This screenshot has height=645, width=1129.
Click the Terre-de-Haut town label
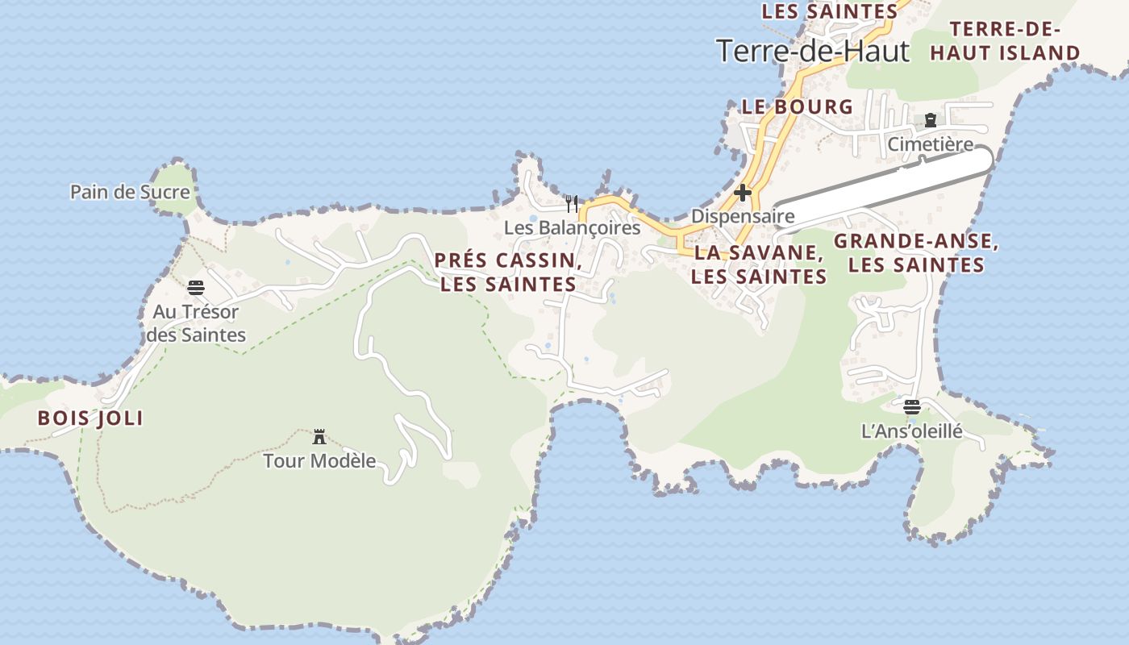(x=812, y=51)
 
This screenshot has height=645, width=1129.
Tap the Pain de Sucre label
(x=130, y=192)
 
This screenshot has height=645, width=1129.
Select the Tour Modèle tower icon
(x=319, y=437)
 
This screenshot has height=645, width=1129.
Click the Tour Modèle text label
(x=319, y=461)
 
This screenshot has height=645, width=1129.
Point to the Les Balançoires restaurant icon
(x=572, y=203)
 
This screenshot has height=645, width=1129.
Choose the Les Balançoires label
(x=572, y=228)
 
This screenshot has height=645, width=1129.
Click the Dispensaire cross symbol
(x=743, y=193)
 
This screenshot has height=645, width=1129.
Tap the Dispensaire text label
(x=743, y=216)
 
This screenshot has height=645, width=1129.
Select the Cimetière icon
(x=931, y=121)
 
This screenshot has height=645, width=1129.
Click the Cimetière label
(x=931, y=144)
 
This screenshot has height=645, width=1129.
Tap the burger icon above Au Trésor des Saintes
(x=196, y=288)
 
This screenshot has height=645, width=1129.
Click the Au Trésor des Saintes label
(x=196, y=322)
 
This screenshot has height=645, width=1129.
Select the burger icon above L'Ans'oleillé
(x=912, y=407)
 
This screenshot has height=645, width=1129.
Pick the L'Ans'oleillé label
(x=912, y=431)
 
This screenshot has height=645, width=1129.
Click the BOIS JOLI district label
(x=90, y=418)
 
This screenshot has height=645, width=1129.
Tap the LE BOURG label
(x=797, y=106)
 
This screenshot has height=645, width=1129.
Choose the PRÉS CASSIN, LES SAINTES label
(x=508, y=273)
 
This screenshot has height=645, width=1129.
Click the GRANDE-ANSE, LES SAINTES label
(x=916, y=252)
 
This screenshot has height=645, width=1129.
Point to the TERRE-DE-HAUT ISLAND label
(x=1005, y=41)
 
